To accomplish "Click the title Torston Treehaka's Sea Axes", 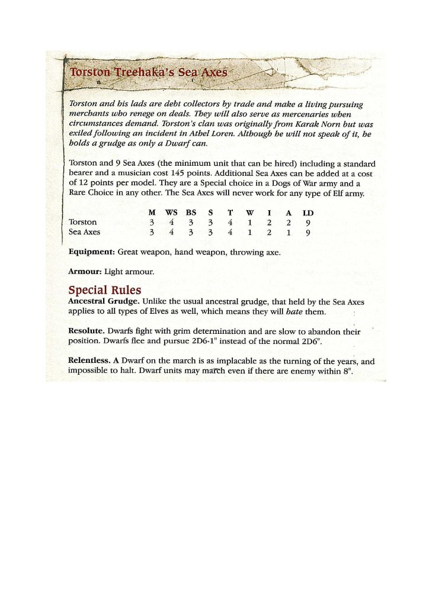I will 149,73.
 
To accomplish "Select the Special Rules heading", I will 105,290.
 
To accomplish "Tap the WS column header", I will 171,213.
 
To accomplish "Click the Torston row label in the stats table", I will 83,223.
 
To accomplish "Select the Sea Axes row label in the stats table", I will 85,232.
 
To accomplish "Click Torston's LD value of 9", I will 308,223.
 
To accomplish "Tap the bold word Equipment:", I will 92,252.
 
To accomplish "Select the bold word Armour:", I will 85,272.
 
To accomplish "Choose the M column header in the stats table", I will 152,213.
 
